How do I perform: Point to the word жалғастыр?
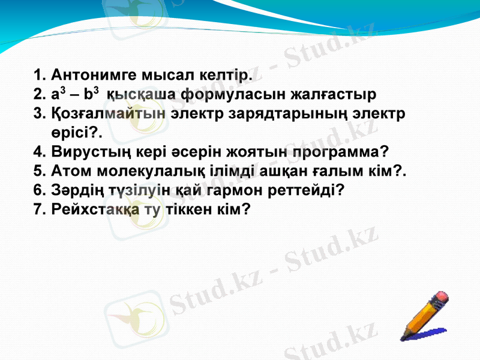(x=333, y=95)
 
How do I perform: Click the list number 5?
(x=38, y=171)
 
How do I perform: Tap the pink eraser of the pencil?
(x=441, y=296)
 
